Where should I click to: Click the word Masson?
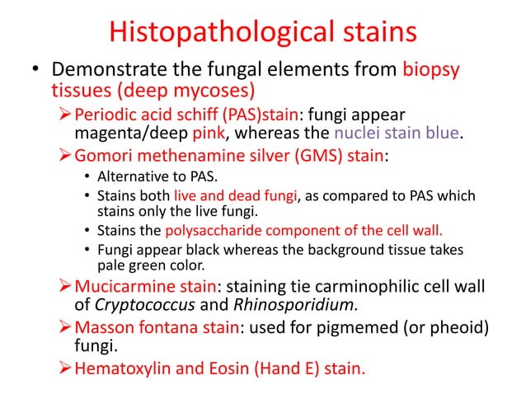pyautogui.click(x=104, y=328)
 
